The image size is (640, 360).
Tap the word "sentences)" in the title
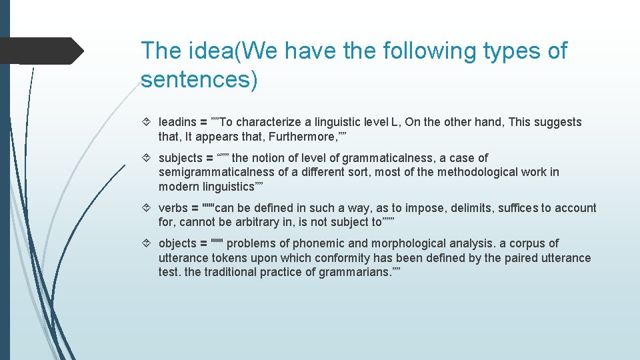tap(199, 79)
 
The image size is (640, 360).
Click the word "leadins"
tap(177, 122)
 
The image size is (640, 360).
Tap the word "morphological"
tap(391, 243)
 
